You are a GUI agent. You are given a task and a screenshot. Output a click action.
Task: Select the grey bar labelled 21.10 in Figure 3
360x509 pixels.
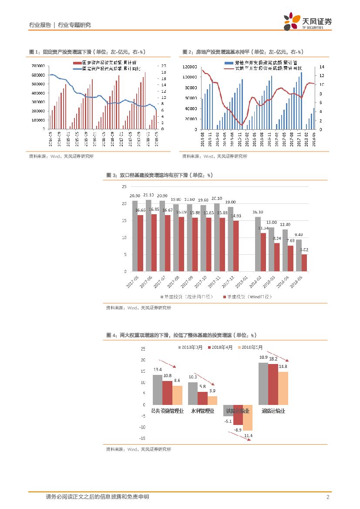click(x=148, y=236)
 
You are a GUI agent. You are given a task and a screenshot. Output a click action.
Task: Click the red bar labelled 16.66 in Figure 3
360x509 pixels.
click(x=140, y=243)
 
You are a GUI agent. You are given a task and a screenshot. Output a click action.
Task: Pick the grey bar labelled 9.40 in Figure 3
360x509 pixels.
click(x=299, y=256)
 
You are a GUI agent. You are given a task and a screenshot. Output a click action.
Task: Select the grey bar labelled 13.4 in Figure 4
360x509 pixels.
click(x=157, y=390)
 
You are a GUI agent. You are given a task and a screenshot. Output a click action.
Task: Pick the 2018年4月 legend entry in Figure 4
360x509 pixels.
click(x=222, y=347)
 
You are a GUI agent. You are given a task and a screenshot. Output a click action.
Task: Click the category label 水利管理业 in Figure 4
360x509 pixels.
click(x=202, y=411)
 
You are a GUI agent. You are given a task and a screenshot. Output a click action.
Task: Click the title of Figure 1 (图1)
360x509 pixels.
click(x=87, y=52)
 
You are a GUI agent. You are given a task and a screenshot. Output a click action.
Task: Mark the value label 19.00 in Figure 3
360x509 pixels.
click(x=231, y=202)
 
